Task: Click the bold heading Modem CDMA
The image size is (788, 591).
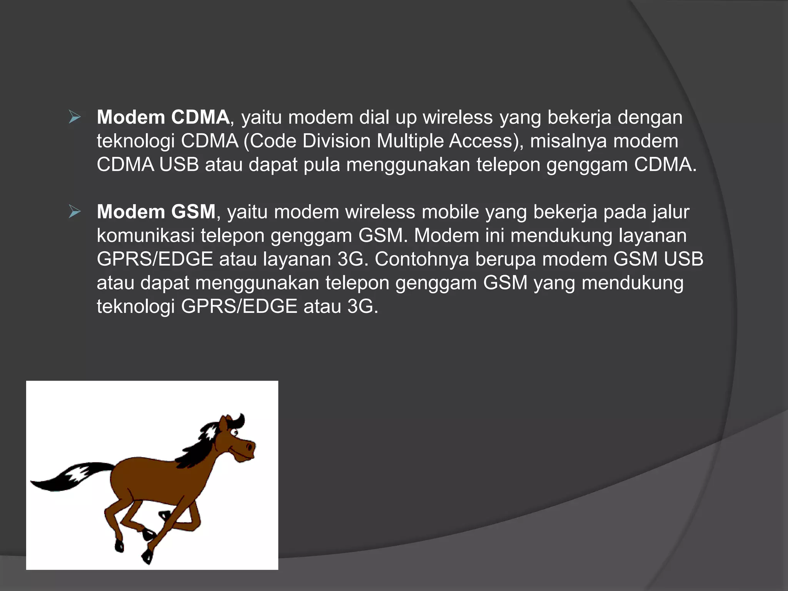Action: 163,117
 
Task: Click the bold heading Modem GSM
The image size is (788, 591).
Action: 156,212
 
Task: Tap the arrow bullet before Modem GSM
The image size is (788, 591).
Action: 75,211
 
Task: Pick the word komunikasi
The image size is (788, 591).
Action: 145,235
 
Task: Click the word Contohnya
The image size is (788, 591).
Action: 422,259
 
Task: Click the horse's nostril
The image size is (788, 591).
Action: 249,447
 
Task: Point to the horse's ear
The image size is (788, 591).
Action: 223,423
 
